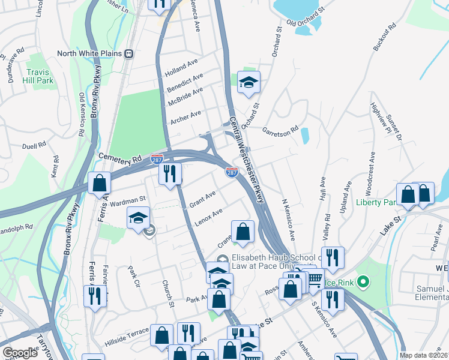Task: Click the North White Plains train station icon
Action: click(x=129, y=53)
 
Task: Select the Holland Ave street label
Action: click(x=181, y=68)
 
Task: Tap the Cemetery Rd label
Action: click(x=120, y=158)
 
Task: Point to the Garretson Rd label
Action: click(x=280, y=129)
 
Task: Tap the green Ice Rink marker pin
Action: click(x=363, y=281)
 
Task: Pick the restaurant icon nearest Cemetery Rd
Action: click(x=170, y=173)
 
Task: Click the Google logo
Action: click(x=20, y=352)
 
